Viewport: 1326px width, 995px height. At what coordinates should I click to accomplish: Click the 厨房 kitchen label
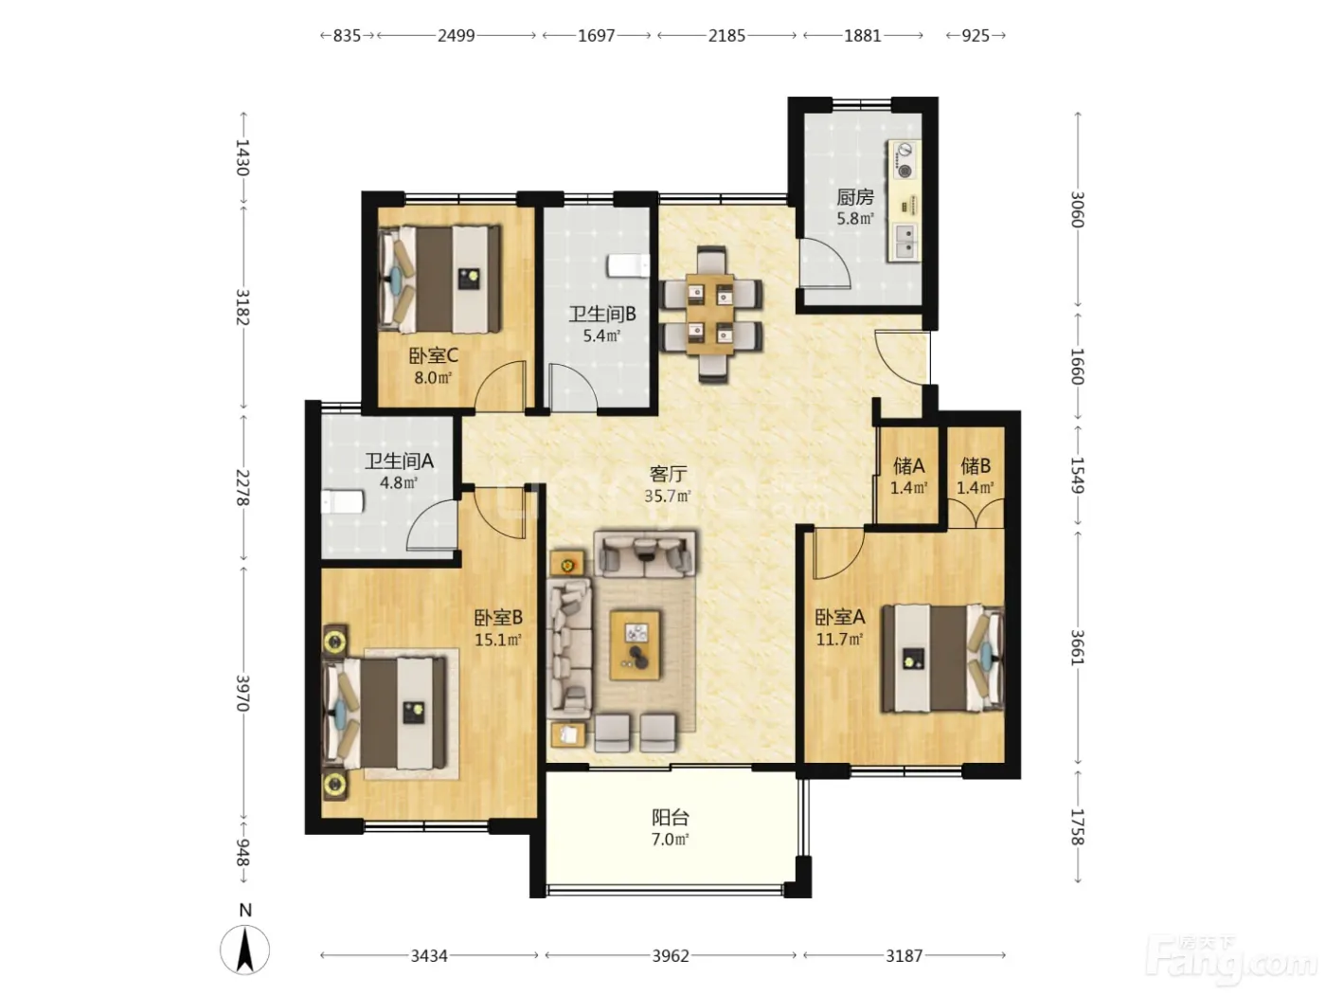(x=855, y=197)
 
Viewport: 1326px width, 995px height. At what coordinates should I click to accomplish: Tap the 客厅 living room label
(x=668, y=474)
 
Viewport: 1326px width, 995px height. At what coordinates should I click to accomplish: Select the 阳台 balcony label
(x=670, y=818)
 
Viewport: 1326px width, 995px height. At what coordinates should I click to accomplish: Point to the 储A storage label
(x=908, y=466)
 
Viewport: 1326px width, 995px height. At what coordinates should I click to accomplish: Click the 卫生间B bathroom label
(x=601, y=315)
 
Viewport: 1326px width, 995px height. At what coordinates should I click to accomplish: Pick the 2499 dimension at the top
(x=457, y=36)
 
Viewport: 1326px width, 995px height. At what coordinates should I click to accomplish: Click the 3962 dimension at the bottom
(x=671, y=955)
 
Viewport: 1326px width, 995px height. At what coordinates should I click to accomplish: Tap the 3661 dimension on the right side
(x=1077, y=647)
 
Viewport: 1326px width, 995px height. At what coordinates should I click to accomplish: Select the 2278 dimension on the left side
(x=242, y=487)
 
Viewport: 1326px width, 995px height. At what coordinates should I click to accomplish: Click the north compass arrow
(x=244, y=950)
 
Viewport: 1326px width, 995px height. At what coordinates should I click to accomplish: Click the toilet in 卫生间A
(x=342, y=501)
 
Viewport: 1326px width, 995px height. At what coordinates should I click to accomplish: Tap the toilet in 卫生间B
(x=628, y=266)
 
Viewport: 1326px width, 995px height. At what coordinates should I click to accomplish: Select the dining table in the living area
(x=710, y=315)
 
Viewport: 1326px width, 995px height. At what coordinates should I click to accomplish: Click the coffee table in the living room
(x=635, y=645)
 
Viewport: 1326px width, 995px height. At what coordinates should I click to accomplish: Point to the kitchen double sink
(x=905, y=242)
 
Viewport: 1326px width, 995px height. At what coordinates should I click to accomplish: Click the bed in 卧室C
(x=439, y=280)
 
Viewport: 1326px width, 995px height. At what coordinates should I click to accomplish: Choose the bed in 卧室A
(x=942, y=659)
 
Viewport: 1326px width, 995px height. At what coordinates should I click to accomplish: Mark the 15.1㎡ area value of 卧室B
(x=498, y=640)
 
